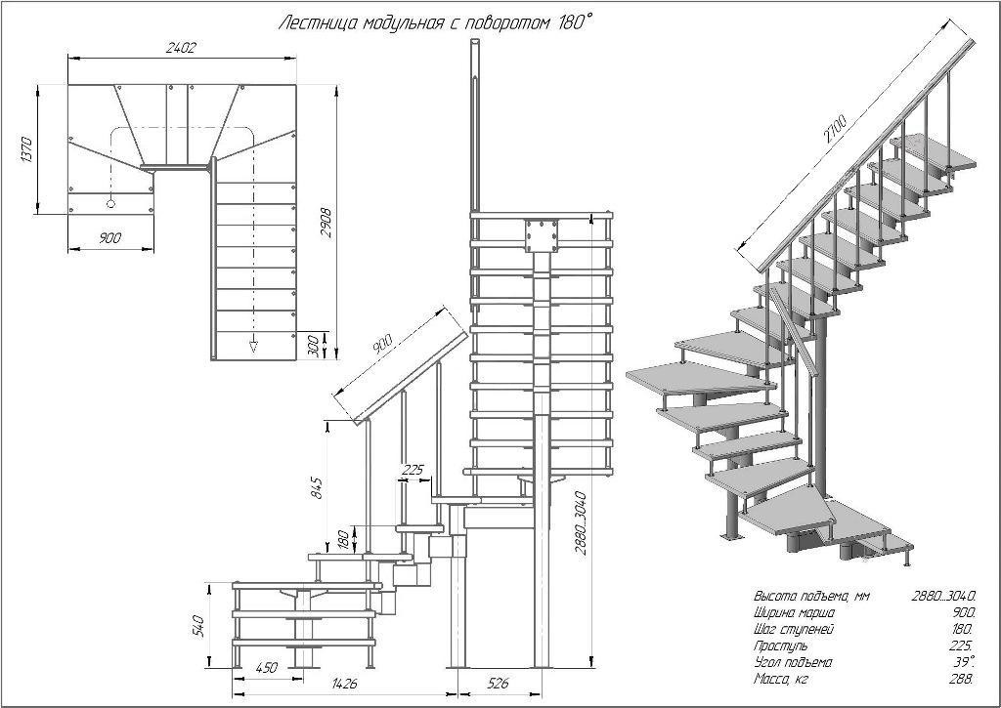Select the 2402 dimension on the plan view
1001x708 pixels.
(180, 47)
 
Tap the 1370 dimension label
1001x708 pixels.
(25, 149)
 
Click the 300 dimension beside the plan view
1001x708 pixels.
(313, 345)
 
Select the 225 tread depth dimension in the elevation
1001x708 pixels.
(413, 470)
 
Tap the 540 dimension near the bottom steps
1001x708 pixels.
(197, 626)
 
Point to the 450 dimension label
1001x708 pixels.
(266, 668)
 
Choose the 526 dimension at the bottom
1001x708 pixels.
(498, 684)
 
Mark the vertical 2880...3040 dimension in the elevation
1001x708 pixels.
(581, 523)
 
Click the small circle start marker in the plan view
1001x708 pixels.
(110, 203)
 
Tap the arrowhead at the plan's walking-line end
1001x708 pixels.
(253, 347)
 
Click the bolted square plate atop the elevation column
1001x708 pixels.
(542, 235)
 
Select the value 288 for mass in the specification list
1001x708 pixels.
(963, 679)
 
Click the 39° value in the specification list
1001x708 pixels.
(965, 662)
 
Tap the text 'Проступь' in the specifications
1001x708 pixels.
(781, 646)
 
